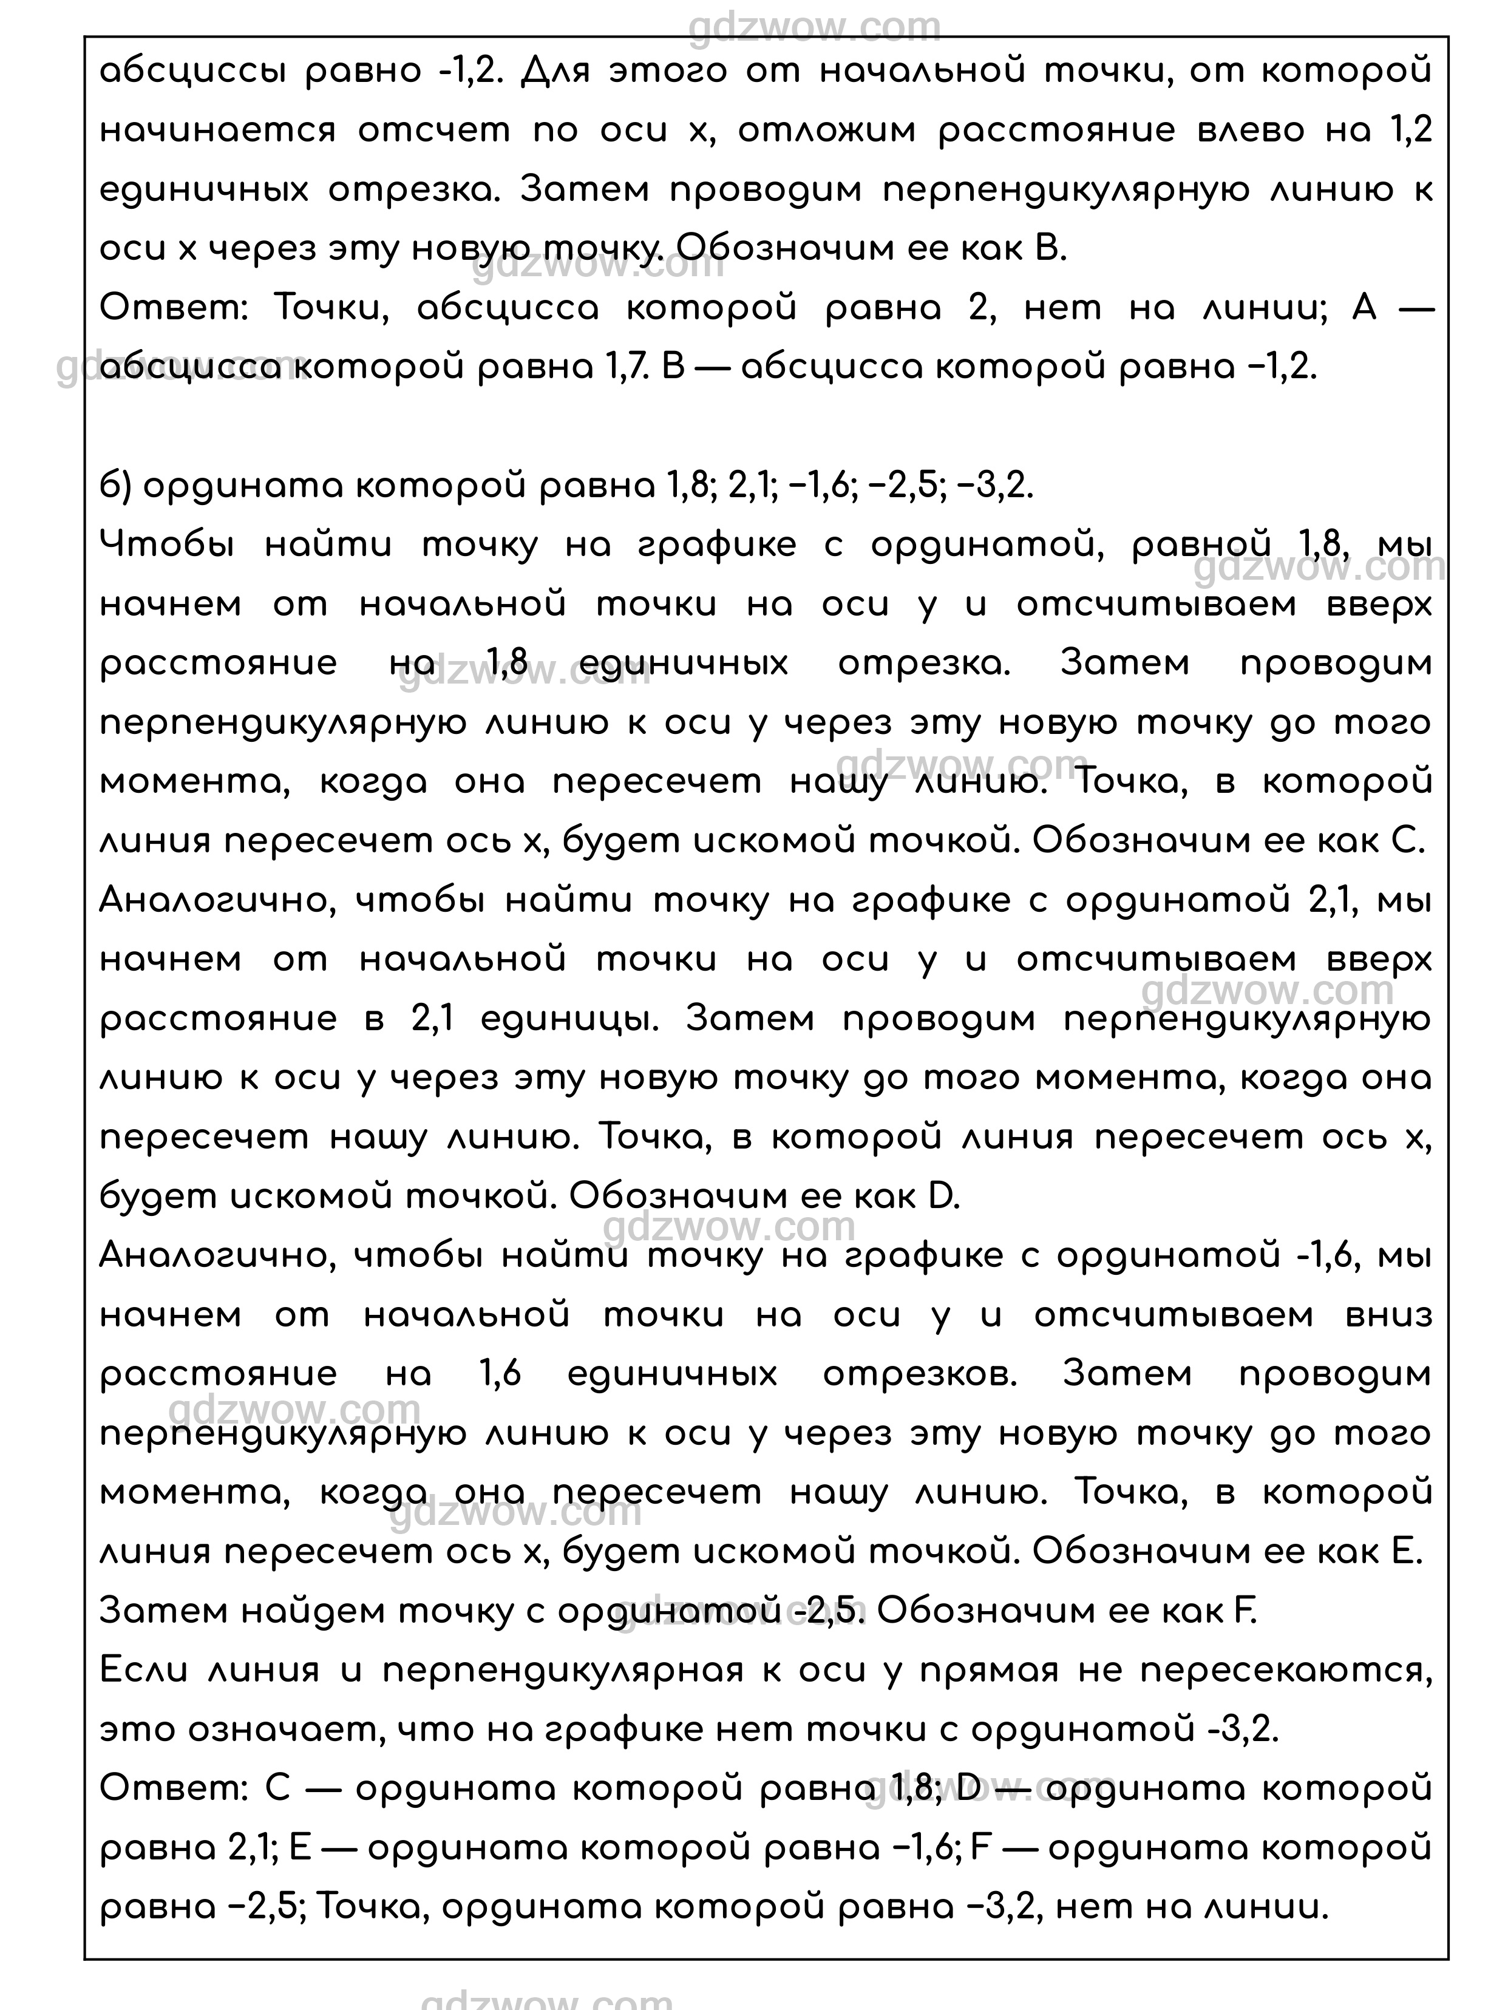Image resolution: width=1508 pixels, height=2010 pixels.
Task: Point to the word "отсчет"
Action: click(x=433, y=131)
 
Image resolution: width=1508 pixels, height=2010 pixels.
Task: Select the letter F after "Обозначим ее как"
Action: click(x=1245, y=1611)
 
